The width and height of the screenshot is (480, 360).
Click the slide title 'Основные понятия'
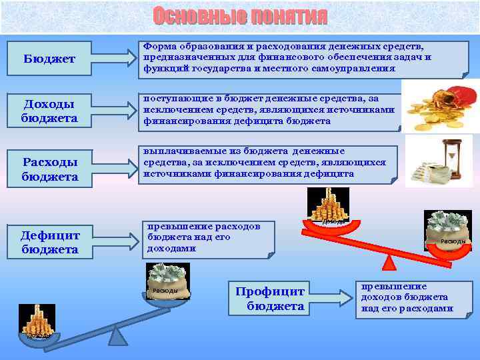[x=240, y=16]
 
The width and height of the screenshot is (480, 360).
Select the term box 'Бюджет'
[x=49, y=59]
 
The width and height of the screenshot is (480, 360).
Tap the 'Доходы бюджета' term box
[x=49, y=111]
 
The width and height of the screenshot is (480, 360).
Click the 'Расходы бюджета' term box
[x=49, y=169]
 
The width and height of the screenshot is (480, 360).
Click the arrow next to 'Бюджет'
[x=108, y=56]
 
